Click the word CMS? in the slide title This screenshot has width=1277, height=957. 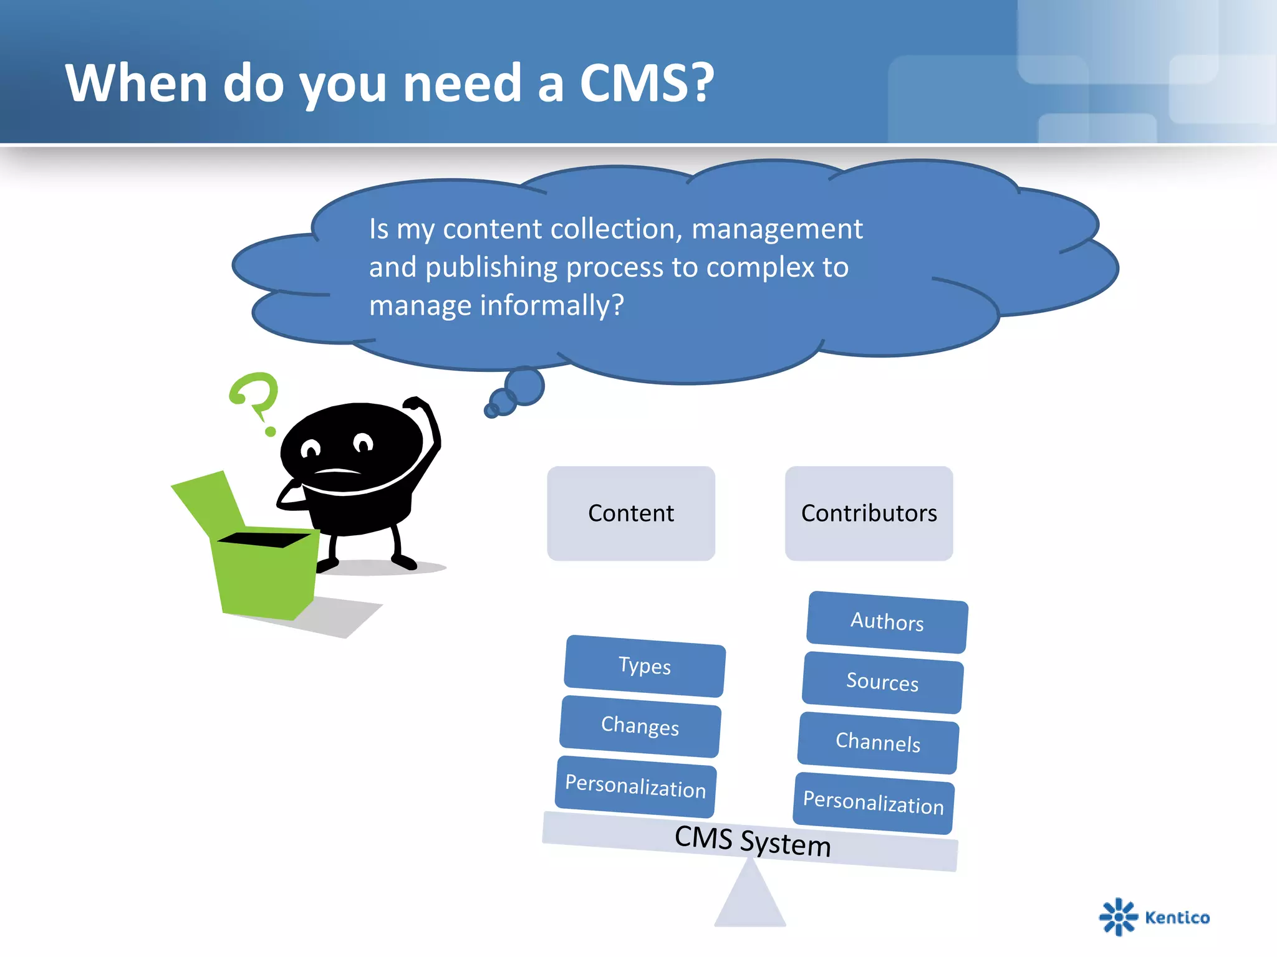pyautogui.click(x=647, y=83)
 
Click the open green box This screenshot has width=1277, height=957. pyautogui.click(x=262, y=567)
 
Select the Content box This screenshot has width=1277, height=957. pyautogui.click(x=630, y=513)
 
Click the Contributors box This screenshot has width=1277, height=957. pyautogui.click(x=869, y=513)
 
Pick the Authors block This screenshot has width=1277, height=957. pyautogui.click(x=887, y=622)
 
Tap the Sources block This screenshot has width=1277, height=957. pyautogui.click(x=882, y=682)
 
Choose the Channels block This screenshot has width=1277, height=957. pyautogui.click(x=877, y=743)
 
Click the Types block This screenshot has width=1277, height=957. pyautogui.click(x=644, y=666)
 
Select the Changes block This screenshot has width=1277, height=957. pyautogui.click(x=640, y=726)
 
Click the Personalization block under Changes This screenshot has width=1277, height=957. pyautogui.click(x=635, y=786)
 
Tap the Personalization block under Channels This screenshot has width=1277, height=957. pyautogui.click(x=873, y=802)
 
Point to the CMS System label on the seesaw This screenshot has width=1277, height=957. pyautogui.click(x=752, y=841)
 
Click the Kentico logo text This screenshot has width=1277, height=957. pyautogui.click(x=1177, y=918)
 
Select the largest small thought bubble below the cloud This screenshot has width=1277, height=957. pyautogui.click(x=524, y=386)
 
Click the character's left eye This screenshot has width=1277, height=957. pyautogui.click(x=311, y=448)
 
